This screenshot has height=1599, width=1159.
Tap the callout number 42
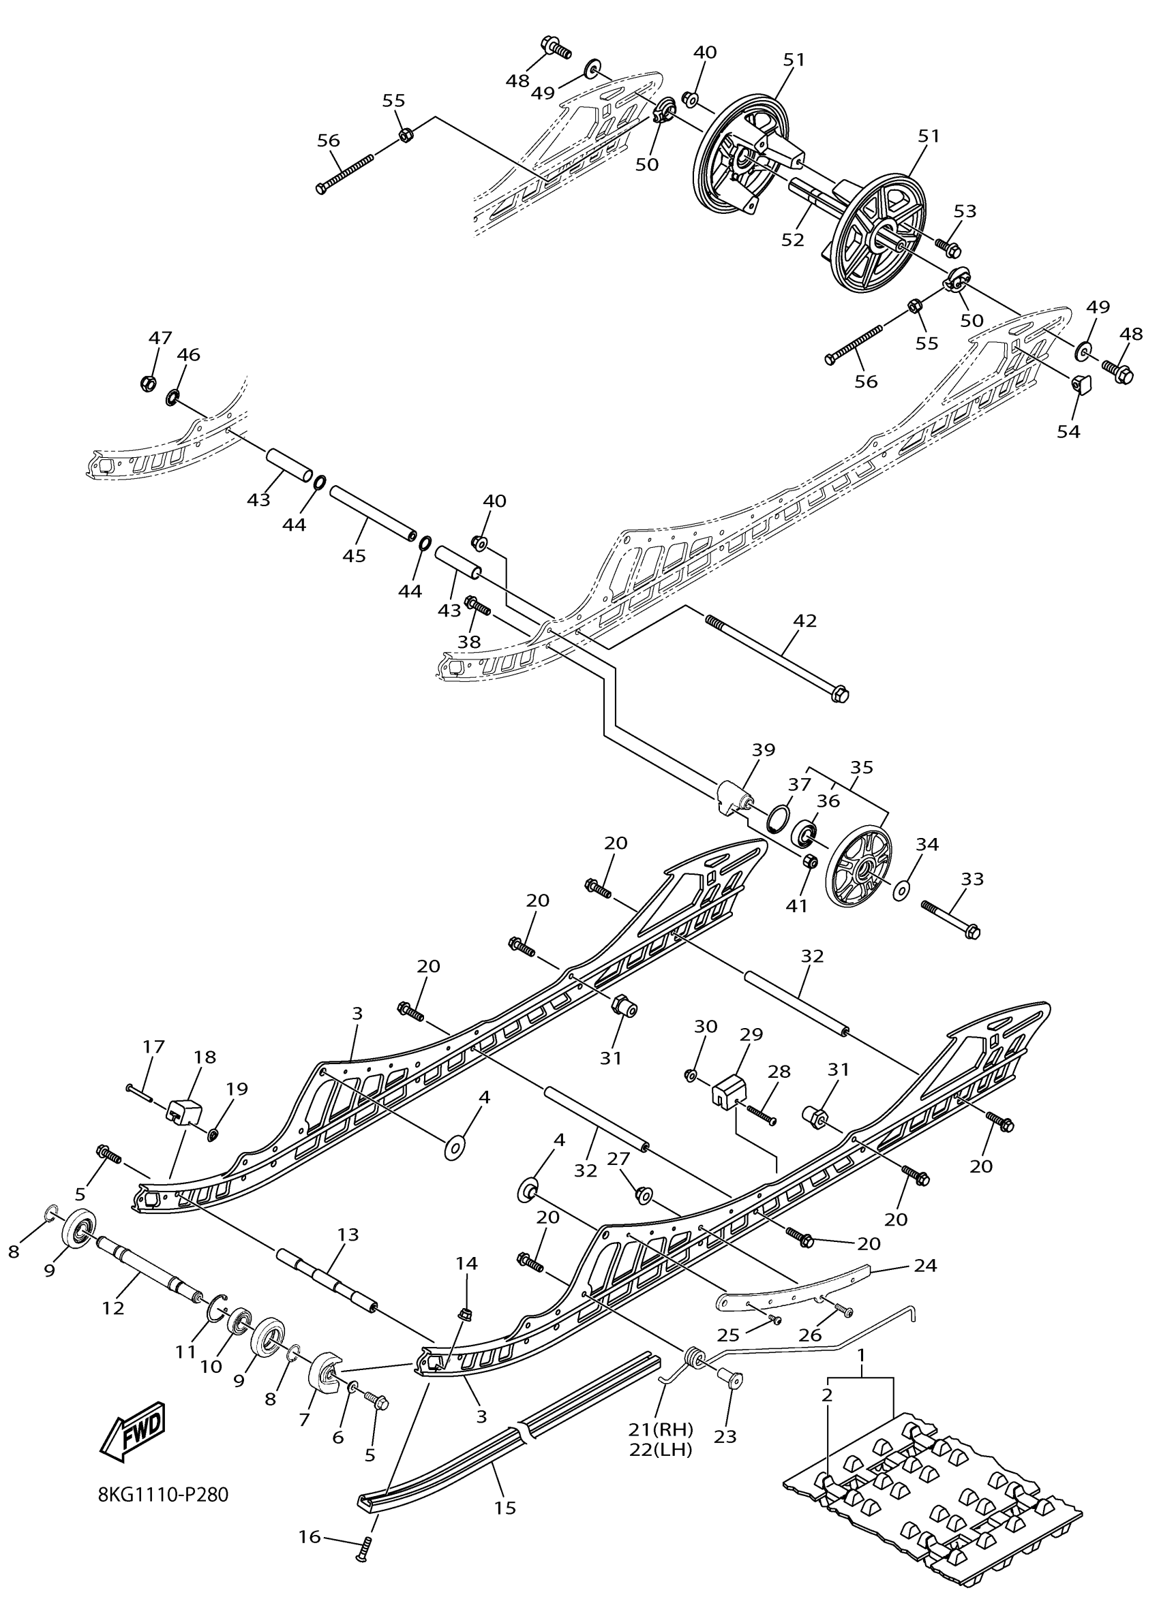pyautogui.click(x=805, y=621)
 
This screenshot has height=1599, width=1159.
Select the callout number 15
pyautogui.click(x=506, y=1508)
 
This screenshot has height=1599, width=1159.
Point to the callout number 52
pyautogui.click(x=793, y=240)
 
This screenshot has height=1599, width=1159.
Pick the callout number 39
pyautogui.click(x=764, y=749)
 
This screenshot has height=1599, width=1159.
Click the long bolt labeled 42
pyautogui.click(x=776, y=656)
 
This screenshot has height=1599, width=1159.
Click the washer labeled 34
pyautogui.click(x=902, y=890)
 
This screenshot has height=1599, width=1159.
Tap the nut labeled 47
pyautogui.click(x=148, y=383)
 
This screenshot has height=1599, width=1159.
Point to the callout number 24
pyautogui.click(x=924, y=1266)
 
